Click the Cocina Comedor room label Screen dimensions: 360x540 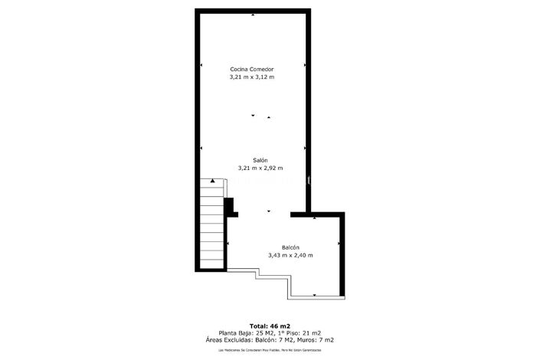pyautogui.click(x=252, y=69)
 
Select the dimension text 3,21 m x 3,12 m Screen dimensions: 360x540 pyautogui.click(x=252, y=77)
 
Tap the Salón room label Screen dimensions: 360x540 pyautogui.click(x=260, y=160)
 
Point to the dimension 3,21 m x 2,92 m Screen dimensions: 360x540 pyautogui.click(x=260, y=168)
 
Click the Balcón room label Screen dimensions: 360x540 pyautogui.click(x=290, y=247)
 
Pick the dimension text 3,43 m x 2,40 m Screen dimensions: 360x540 pyautogui.click(x=290, y=255)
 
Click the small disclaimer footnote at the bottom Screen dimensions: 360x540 pyautogui.click(x=270, y=350)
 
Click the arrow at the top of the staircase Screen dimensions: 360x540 pyautogui.click(x=213, y=180)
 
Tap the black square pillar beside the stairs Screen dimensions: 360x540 pyautogui.click(x=228, y=205)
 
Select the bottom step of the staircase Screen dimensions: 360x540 pyautogui.click(x=212, y=262)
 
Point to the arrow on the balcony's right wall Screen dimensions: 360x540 pyautogui.click(x=339, y=244)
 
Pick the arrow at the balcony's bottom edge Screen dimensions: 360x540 pyautogui.click(x=314, y=294)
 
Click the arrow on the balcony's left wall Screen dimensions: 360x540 pyautogui.click(x=228, y=244)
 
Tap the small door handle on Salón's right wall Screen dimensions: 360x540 pyautogui.click(x=308, y=181)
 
